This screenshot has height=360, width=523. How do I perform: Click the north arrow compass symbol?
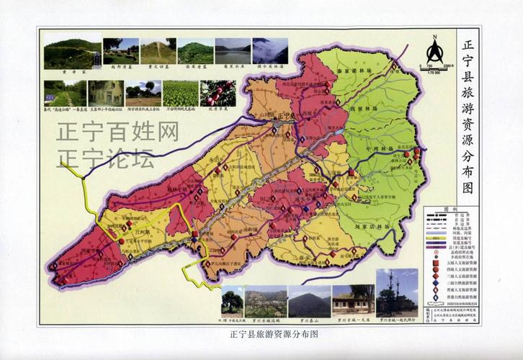434,52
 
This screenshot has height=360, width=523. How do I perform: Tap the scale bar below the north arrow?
434,70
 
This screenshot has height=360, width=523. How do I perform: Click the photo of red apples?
218,92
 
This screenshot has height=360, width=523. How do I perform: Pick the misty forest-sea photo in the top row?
270,51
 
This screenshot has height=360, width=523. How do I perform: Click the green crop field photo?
180,92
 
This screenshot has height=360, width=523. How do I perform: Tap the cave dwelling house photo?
105,92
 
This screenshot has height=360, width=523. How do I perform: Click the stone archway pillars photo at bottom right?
397,292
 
